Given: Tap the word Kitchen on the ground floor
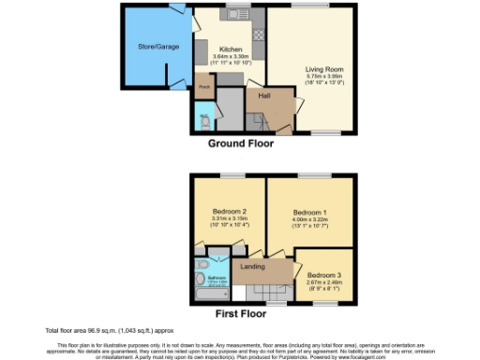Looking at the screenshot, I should click(231, 49).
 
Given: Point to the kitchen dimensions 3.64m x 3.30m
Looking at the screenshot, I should click(231, 57).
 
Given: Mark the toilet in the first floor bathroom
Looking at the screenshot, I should click(200, 274).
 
